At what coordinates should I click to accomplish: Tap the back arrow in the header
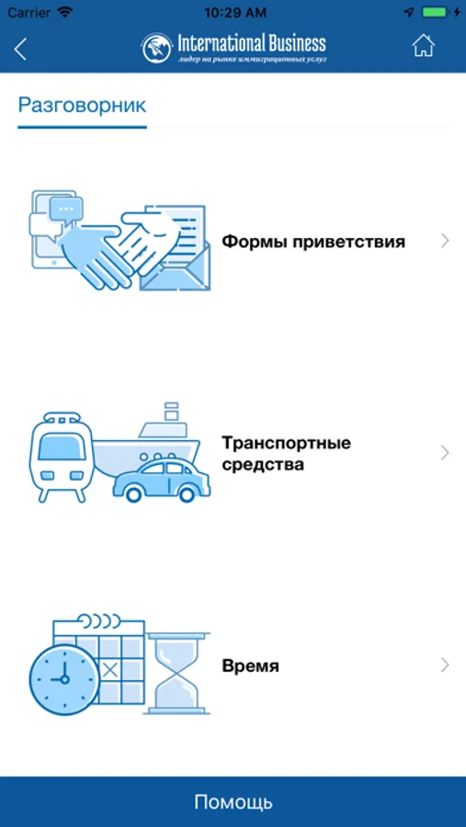coord(20,49)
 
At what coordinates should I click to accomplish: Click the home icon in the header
coord(423,45)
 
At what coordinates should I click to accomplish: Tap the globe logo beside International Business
coord(157,48)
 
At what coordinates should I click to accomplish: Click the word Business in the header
coord(290,42)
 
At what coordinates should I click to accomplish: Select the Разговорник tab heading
coord(83,105)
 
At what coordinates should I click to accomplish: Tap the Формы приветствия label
coord(313,242)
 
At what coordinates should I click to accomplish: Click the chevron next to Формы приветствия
coord(445,241)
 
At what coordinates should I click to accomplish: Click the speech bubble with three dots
coord(65,209)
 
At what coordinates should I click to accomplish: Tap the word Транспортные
coord(286,443)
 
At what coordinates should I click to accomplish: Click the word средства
coord(263,465)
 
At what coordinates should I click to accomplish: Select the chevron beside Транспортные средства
coord(445,452)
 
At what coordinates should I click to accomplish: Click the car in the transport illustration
coord(162,481)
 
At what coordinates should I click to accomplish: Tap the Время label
coord(251,666)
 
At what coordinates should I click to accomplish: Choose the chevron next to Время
coord(445,665)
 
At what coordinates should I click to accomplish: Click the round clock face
coord(64,679)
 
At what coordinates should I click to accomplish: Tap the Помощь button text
coord(233,801)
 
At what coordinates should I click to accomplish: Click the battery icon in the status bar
coord(436,12)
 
